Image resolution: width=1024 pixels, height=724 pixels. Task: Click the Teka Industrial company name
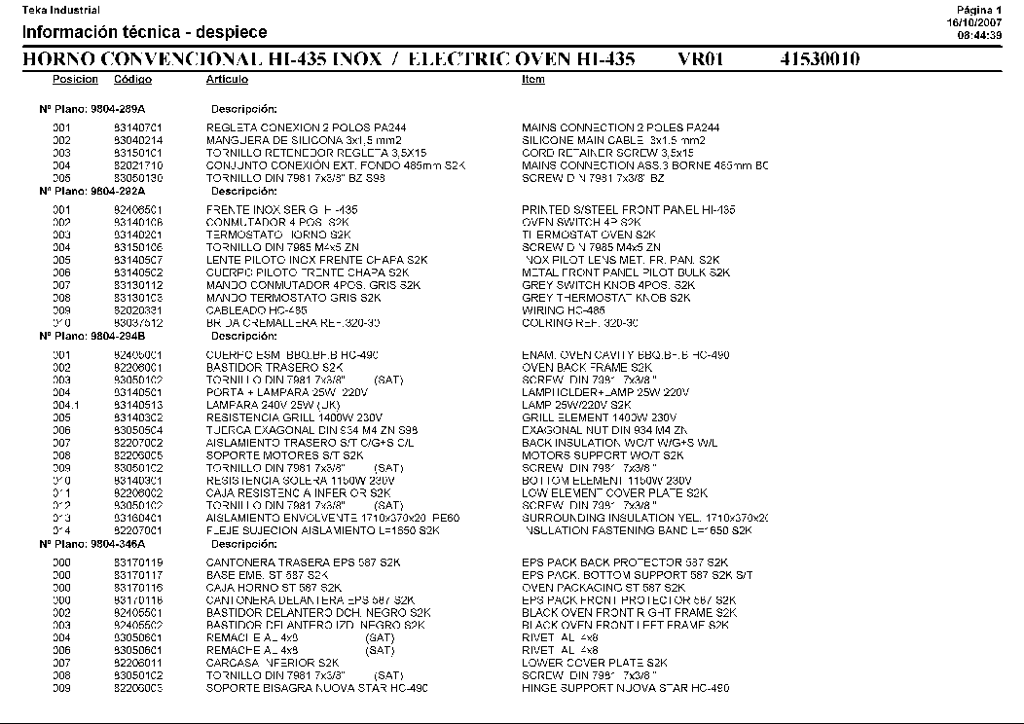click(x=61, y=10)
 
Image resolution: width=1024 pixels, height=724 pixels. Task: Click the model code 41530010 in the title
click(x=820, y=59)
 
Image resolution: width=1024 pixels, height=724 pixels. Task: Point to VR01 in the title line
click(x=701, y=59)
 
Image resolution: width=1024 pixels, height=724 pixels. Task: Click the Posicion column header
click(x=75, y=80)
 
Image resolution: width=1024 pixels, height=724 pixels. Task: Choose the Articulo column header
click(x=227, y=80)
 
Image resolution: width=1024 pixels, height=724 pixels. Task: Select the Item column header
click(x=532, y=80)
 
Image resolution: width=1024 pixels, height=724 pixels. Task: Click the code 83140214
click(x=137, y=140)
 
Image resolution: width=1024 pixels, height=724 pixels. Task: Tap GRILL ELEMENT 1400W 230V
click(x=592, y=417)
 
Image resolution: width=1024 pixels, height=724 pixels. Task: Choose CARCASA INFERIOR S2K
click(x=259, y=663)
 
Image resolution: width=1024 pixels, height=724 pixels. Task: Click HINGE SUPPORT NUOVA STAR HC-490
click(x=625, y=688)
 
